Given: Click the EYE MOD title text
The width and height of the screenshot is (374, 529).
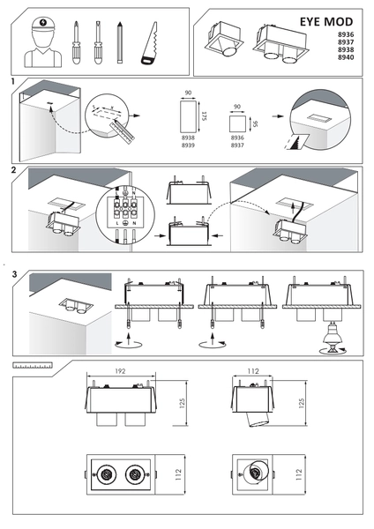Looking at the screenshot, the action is (x=326, y=21).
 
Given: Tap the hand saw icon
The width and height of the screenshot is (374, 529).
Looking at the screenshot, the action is (x=150, y=43).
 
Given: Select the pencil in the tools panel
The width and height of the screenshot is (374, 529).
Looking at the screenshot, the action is (x=119, y=42).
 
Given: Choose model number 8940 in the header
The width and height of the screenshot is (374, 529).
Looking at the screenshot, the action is (x=346, y=57).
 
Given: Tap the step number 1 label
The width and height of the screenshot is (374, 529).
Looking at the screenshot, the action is (x=13, y=81).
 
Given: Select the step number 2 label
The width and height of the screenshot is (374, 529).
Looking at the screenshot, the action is (x=13, y=170).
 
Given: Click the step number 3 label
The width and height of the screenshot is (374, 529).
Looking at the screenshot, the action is (x=14, y=274).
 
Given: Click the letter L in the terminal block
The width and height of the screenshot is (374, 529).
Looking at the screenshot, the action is (x=117, y=223).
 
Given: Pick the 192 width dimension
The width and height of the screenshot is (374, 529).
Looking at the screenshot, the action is (x=120, y=371).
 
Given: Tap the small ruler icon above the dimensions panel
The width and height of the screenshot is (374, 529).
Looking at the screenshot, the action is (x=33, y=365).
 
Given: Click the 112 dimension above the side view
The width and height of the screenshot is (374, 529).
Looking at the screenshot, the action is (x=253, y=371).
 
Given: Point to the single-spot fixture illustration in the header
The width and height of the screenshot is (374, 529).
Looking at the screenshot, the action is (x=223, y=39).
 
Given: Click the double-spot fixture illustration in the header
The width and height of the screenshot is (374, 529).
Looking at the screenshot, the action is (x=280, y=43).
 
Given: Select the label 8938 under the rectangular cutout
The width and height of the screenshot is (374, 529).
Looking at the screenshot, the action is (x=188, y=138).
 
